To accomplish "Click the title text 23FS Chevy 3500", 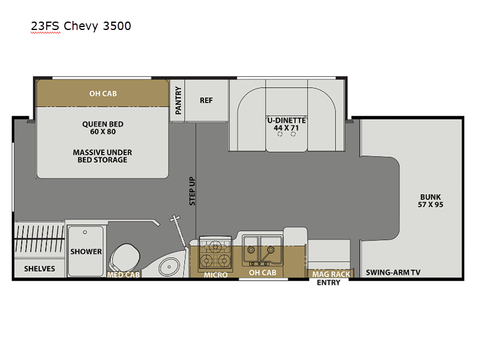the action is [x=81, y=26].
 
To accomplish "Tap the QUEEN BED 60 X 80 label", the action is [x=103, y=128].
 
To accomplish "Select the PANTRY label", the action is [x=178, y=100].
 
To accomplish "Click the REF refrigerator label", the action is [x=206, y=100].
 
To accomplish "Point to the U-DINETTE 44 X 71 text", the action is [x=286, y=124].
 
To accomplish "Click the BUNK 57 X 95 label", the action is [x=430, y=201].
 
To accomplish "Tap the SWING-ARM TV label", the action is [x=393, y=272].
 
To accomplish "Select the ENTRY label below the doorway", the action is [x=328, y=283].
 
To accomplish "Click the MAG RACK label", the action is [x=331, y=274].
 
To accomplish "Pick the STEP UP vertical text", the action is [x=192, y=191].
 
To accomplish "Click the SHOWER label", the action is [x=86, y=251].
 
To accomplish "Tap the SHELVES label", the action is [x=40, y=269].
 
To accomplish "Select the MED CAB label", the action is [x=124, y=275].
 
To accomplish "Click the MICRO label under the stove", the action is [x=216, y=275].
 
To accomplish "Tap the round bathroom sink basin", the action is [x=169, y=267].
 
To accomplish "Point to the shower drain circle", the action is [x=85, y=232].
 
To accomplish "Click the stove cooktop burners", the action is [x=215, y=253].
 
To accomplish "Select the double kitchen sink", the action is [x=262, y=250].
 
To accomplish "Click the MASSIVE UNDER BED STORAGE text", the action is [x=103, y=156].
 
